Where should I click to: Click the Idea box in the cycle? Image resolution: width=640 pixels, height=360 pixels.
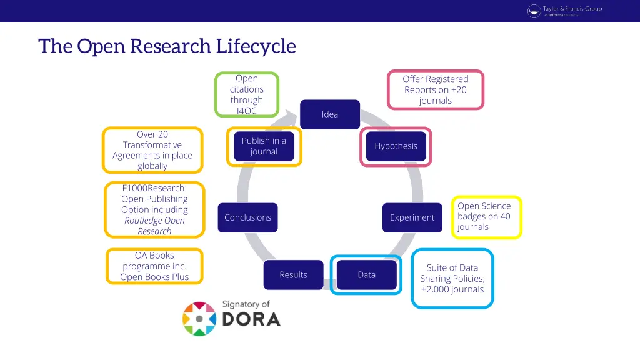[x=329, y=114]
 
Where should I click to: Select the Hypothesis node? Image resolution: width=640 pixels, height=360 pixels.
[x=396, y=146]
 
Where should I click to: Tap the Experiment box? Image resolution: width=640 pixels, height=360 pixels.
[x=412, y=217]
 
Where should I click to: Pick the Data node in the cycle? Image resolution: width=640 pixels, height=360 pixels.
[x=366, y=275]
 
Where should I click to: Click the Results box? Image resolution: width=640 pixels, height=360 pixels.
[x=293, y=275]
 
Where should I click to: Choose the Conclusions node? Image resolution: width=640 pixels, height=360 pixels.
[x=247, y=217]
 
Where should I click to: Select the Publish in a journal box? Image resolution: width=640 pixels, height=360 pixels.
[x=264, y=146]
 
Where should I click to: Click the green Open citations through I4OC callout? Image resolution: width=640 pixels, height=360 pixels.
[x=246, y=94]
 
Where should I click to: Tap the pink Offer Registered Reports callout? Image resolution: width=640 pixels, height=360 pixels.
[x=435, y=89]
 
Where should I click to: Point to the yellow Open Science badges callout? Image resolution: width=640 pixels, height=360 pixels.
[x=486, y=217]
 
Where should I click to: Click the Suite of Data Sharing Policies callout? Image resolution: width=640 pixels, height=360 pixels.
[x=452, y=279]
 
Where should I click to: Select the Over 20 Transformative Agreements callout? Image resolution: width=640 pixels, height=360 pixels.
[x=152, y=150]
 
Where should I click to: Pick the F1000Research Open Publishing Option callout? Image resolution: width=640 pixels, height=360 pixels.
[x=154, y=209]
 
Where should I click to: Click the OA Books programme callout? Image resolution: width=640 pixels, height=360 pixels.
[x=154, y=266]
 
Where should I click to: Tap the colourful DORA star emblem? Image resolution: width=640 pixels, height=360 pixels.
[x=199, y=319]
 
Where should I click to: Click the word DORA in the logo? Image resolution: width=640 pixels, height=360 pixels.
[x=251, y=319]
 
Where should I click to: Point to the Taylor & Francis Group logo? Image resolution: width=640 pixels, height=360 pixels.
[x=564, y=11]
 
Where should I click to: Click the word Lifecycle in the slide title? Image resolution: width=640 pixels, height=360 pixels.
[x=256, y=46]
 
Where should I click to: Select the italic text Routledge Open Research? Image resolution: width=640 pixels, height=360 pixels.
[x=154, y=226]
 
